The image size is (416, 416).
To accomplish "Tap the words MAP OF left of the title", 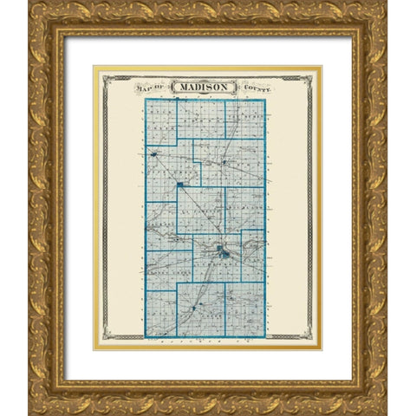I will tap(152, 88).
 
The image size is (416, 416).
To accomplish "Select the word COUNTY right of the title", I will tap(259, 88).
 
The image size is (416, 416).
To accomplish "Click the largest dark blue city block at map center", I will tap(225, 254).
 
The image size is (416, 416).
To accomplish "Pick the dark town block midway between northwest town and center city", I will tap(180, 185).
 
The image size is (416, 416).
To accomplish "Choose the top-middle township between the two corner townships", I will tap(202, 120).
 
